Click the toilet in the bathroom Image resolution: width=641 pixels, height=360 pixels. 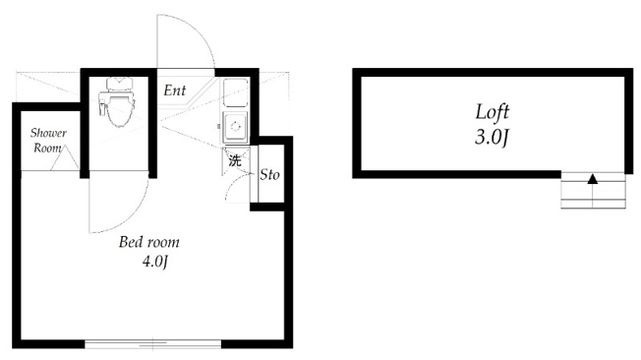[117, 102]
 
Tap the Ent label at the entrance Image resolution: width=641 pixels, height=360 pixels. [175, 90]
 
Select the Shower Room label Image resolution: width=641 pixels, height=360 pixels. [48, 140]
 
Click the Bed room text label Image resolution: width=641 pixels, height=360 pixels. [149, 242]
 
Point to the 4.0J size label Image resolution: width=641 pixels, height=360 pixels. [155, 261]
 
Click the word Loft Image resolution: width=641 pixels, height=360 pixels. [493, 112]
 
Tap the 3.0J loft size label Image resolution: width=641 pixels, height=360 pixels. [492, 137]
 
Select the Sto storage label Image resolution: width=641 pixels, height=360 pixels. [269, 175]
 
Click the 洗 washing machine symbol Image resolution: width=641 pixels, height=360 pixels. [235, 160]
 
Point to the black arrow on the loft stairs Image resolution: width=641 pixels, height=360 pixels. [593, 179]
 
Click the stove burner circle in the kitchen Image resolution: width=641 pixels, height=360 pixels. [236, 127]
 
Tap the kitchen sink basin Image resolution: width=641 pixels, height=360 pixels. [236, 92]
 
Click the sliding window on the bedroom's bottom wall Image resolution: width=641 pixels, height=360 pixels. [153, 343]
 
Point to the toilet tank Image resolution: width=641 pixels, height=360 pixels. [119, 84]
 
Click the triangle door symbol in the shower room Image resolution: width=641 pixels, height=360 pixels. [65, 158]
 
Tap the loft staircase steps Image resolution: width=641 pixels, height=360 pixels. [593, 190]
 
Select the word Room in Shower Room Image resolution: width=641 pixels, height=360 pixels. [47, 148]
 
